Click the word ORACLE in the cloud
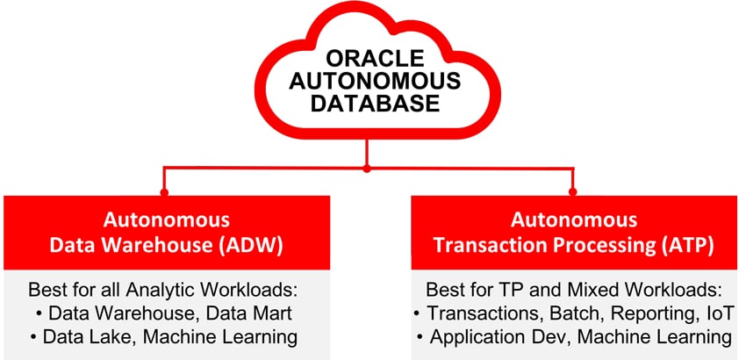pyautogui.click(x=376, y=59)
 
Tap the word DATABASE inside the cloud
pyautogui.click(x=376, y=104)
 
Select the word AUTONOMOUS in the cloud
pyautogui.click(x=376, y=81)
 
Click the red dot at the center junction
pyautogui.click(x=366, y=169)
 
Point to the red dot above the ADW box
pyautogui.click(x=164, y=192)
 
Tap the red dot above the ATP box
pyautogui.click(x=573, y=192)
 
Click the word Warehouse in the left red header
pyautogui.click(x=154, y=245)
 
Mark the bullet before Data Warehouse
pyautogui.click(x=38, y=315)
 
